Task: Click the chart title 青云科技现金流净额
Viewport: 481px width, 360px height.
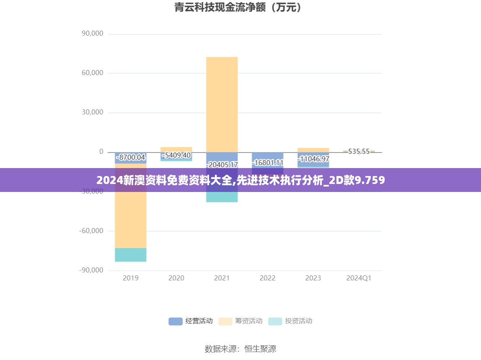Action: pos(238,8)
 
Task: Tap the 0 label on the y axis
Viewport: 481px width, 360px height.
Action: pos(101,152)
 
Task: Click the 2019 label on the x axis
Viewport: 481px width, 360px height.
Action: pos(130,278)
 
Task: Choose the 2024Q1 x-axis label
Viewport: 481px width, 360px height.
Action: pos(359,278)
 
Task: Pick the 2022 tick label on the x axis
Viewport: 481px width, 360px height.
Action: pos(267,278)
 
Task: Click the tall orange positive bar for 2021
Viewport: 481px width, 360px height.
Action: pos(222,105)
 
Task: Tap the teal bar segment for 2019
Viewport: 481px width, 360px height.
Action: pos(130,255)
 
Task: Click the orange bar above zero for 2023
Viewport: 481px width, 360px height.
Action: pos(313,150)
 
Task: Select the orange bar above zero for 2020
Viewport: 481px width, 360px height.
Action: pos(176,149)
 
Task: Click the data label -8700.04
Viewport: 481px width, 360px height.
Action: pos(130,158)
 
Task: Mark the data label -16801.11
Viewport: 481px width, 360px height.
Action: pos(267,163)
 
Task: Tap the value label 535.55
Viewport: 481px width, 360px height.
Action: pos(359,151)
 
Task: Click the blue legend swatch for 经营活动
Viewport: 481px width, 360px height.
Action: pos(176,321)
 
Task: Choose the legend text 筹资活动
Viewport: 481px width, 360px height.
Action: pos(248,321)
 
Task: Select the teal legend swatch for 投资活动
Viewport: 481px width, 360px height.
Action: pos(275,321)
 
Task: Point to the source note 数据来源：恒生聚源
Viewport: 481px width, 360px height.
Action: pos(240,349)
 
